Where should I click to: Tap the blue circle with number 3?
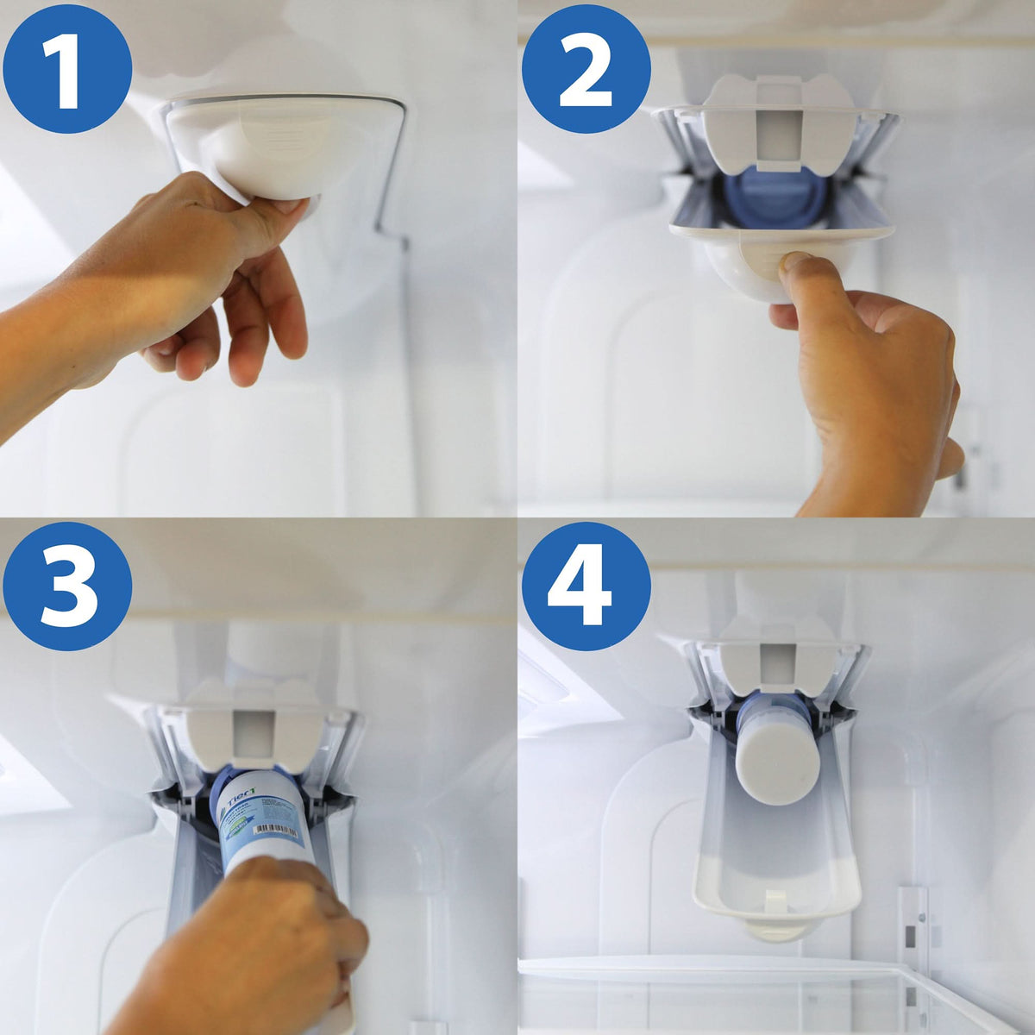click(x=67, y=586)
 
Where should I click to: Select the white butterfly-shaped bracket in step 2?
click(x=776, y=116)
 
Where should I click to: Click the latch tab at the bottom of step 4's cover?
click(x=776, y=930)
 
